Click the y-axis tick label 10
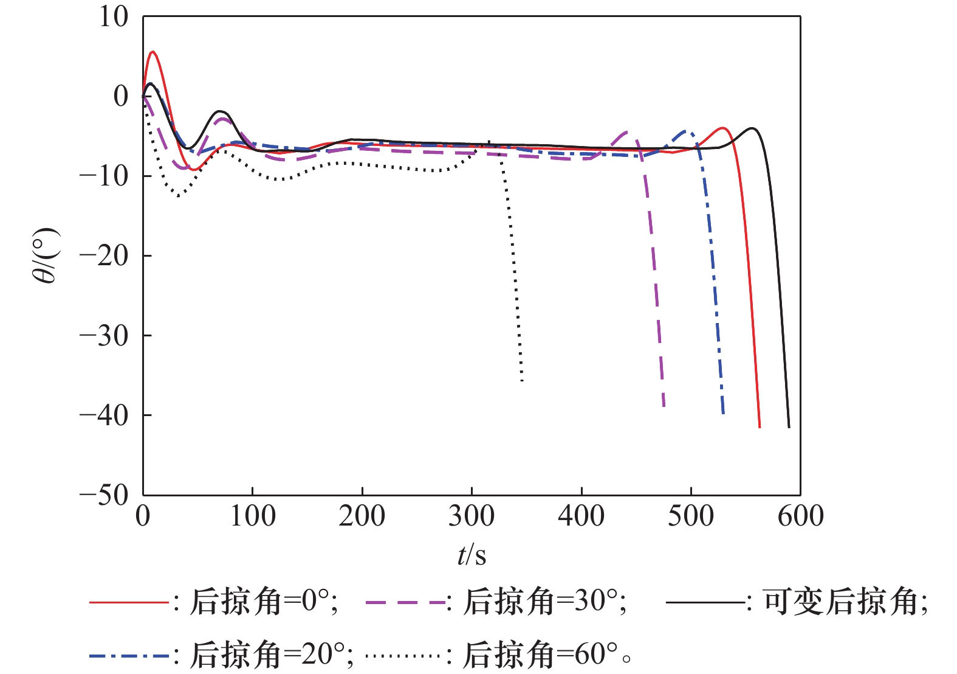pyautogui.click(x=114, y=17)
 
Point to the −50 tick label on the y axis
pyautogui.click(x=104, y=495)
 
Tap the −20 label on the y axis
pyautogui.click(x=104, y=255)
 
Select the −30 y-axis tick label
pyautogui.click(x=104, y=335)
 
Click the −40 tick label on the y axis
pyautogui.click(x=104, y=415)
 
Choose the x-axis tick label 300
pyautogui.click(x=472, y=517)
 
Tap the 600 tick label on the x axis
pyautogui.click(x=800, y=517)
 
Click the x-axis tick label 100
pyautogui.click(x=252, y=517)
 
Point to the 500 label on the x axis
pyautogui.click(x=691, y=517)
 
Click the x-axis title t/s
pyautogui.click(x=472, y=555)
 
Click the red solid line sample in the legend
pyautogui.click(x=128, y=602)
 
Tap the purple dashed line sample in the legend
pyautogui.click(x=405, y=602)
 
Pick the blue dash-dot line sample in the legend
pyautogui.click(x=128, y=655)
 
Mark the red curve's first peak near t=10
pyautogui.click(x=153, y=52)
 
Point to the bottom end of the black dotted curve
pyautogui.click(x=522, y=381)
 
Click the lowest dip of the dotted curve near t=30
pyautogui.click(x=178, y=196)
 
